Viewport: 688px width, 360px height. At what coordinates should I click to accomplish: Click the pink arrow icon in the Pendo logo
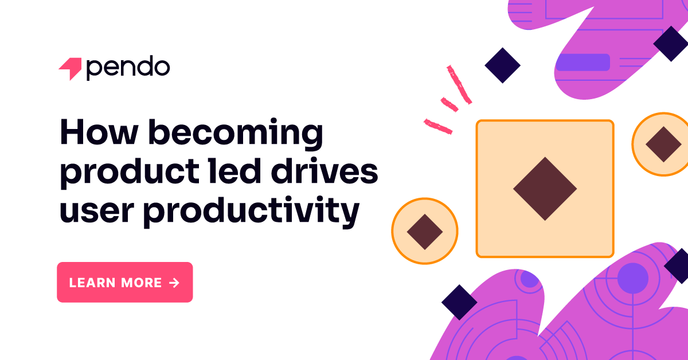tap(71, 69)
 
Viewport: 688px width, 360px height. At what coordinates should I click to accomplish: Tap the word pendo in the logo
tap(128, 68)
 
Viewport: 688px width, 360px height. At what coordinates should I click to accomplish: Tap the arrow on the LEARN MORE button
tap(174, 283)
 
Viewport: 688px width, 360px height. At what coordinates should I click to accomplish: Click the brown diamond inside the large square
tap(545, 189)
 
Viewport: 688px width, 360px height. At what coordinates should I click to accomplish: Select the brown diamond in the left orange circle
tap(425, 232)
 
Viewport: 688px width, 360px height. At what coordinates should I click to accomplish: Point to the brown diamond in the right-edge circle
tap(663, 144)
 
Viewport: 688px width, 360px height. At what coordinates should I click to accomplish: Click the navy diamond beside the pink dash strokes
tap(502, 65)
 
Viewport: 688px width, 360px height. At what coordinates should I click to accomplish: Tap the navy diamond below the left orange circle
tap(459, 302)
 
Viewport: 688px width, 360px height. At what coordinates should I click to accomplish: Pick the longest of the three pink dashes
tap(459, 85)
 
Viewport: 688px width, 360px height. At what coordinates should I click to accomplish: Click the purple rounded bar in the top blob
tap(583, 62)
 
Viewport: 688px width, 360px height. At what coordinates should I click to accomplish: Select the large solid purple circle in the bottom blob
tap(633, 279)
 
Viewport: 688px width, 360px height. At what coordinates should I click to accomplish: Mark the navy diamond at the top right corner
tap(670, 44)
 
